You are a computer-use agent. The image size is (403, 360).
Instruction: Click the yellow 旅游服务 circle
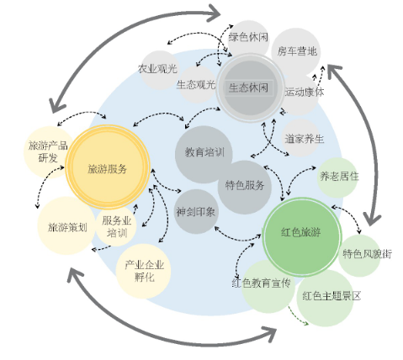click(108, 167)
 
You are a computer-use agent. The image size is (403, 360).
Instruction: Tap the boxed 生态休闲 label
click(249, 88)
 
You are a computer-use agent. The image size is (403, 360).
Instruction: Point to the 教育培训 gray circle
click(204, 154)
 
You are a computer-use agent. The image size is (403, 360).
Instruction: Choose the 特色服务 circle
click(245, 188)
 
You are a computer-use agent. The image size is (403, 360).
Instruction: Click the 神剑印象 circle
click(195, 212)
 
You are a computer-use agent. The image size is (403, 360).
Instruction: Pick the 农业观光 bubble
click(159, 70)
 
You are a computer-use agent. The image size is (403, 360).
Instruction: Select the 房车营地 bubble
click(296, 52)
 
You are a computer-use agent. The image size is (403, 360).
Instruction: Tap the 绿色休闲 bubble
click(248, 38)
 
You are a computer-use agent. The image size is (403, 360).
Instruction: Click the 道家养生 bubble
click(301, 138)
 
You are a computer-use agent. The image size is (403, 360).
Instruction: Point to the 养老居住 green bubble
click(337, 177)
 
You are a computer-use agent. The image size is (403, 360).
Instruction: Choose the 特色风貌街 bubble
click(359, 256)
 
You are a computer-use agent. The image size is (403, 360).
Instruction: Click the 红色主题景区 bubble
click(325, 298)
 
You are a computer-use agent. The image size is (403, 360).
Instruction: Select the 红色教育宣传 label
click(261, 283)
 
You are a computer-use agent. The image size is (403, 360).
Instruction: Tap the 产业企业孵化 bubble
click(143, 271)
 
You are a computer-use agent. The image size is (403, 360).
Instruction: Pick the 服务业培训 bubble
click(116, 226)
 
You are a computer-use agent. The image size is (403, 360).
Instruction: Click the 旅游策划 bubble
click(66, 225)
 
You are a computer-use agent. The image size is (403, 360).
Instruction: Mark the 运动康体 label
click(305, 93)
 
